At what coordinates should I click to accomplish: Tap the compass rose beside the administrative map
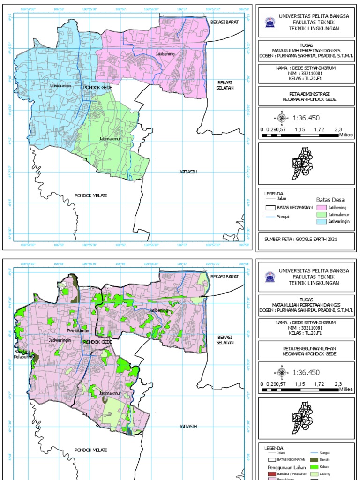[282, 118]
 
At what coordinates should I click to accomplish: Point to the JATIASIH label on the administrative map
[188, 172]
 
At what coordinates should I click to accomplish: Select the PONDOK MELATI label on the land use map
[91, 450]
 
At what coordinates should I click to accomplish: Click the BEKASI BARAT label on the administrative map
[225, 22]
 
